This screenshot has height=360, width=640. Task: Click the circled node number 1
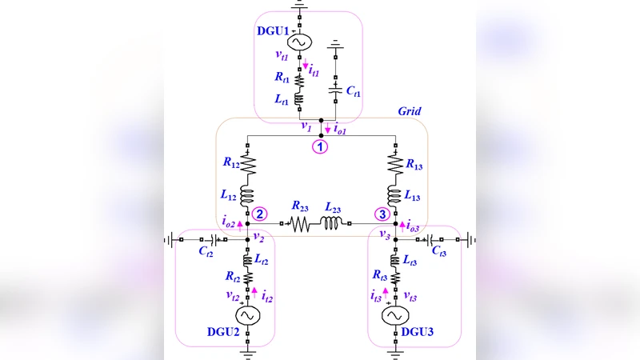(320, 146)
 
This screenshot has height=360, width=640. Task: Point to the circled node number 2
(259, 214)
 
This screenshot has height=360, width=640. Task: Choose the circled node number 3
(383, 214)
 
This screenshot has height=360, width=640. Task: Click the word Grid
(409, 111)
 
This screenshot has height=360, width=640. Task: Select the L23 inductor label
(333, 207)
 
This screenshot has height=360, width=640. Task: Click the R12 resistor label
(230, 164)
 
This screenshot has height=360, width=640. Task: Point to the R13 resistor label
(415, 164)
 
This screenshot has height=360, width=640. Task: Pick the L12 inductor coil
(248, 196)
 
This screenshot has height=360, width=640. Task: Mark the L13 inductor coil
(394, 196)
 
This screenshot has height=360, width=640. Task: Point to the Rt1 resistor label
(282, 78)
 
